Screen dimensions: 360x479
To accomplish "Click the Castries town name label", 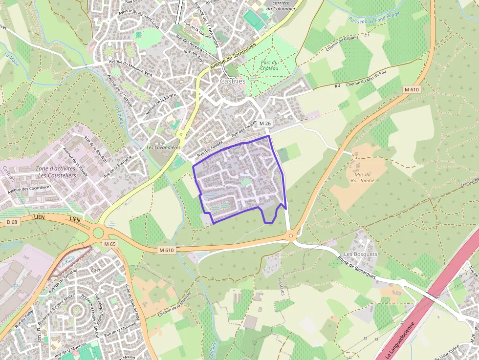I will click(232, 81).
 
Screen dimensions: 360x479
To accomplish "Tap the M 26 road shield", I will click(265, 124).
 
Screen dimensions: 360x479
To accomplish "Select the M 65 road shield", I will click(110, 244).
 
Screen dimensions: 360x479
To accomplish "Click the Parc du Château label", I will click(269, 65).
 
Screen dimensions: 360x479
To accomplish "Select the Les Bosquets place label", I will click(361, 254).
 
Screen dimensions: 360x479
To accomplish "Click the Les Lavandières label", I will click(164, 148).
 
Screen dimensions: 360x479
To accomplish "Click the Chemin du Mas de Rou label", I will click(366, 78).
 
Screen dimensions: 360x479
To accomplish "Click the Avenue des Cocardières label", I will click(29, 188).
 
